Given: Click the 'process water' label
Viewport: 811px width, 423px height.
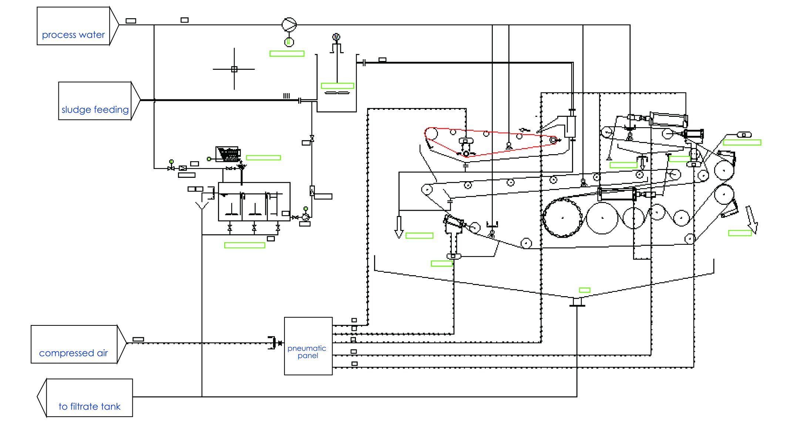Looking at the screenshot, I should click(x=73, y=35).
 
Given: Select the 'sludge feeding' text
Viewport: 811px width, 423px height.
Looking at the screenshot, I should click(x=95, y=110).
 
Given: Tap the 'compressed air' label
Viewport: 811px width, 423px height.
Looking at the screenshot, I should click(x=73, y=353).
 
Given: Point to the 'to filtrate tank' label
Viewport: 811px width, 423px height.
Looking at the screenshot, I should click(x=89, y=407).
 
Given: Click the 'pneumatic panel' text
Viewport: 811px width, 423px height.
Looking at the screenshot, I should click(x=307, y=352).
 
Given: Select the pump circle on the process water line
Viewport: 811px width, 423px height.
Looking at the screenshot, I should click(x=289, y=25).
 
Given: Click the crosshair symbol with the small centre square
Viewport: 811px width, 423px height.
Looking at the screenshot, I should click(x=234, y=69).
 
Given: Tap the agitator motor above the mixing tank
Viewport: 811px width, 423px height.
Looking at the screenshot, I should click(x=336, y=37).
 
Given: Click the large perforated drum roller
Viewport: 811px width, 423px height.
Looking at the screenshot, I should click(x=562, y=217).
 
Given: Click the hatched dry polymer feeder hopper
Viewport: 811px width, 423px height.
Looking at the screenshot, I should click(x=228, y=154).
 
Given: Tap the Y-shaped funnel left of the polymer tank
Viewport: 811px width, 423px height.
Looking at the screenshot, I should click(x=202, y=206).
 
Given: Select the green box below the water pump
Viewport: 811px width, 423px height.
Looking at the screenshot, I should click(x=287, y=54).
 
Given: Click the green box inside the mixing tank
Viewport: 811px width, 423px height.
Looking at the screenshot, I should click(x=337, y=86).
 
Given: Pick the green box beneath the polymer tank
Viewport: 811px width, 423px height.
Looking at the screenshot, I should click(x=245, y=245).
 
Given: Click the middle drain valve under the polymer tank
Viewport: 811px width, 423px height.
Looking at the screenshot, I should click(x=254, y=228).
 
